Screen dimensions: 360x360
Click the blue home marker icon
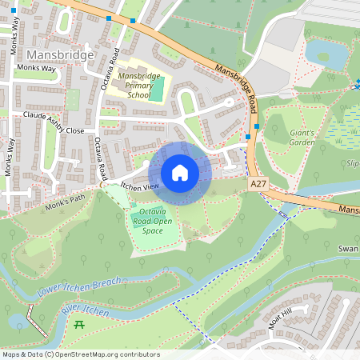tap(180, 173)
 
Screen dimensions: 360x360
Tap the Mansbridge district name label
tap(61, 54)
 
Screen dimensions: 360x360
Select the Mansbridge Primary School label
tap(134, 86)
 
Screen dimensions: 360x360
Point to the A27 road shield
tap(258, 184)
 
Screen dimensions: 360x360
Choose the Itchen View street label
tap(139, 186)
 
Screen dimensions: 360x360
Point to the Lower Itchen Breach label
tap(79, 287)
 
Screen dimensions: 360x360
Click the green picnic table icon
tap(79, 324)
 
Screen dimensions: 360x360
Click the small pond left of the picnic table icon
tap(18, 321)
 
